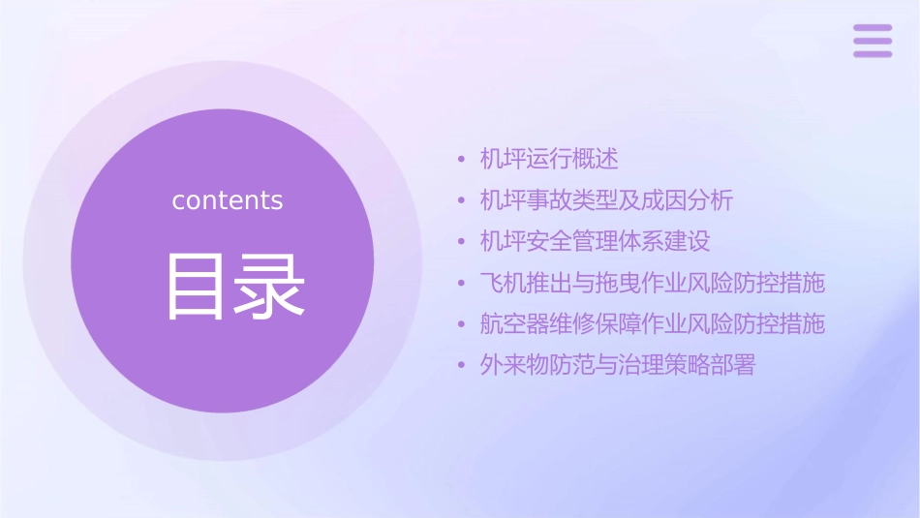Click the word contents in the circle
click(228, 200)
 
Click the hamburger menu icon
click(873, 41)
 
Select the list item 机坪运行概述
click(549, 159)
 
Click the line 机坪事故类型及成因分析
click(606, 200)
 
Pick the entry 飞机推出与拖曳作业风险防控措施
click(653, 283)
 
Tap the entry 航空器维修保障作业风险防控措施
click(653, 323)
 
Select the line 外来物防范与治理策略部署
click(617, 365)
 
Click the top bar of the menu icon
click(873, 28)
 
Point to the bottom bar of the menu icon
click(873, 53)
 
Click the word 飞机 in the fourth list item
click(503, 283)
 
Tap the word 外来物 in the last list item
click(514, 365)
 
